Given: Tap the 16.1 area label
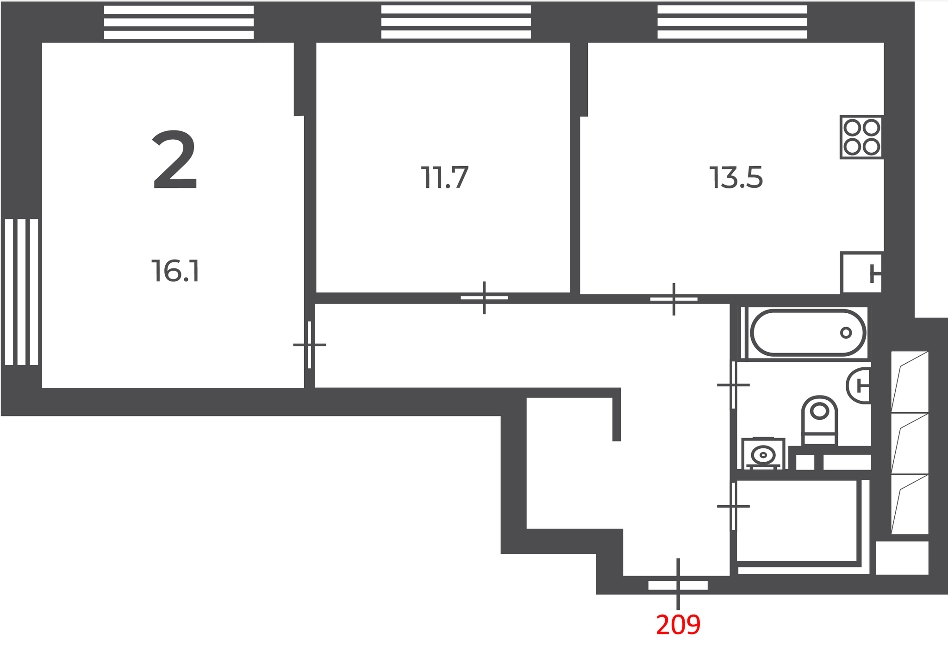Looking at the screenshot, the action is point(175,271).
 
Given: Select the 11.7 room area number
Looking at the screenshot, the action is point(445,177).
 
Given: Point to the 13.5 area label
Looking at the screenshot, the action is point(736,178).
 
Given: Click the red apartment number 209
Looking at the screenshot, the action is point(678,625).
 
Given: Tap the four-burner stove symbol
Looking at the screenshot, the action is point(861,137).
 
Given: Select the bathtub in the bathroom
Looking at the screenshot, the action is point(808,333).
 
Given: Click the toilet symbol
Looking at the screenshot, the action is point(819,421).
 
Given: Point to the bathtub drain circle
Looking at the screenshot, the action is point(846,332).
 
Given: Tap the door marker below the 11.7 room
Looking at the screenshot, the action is point(484,298).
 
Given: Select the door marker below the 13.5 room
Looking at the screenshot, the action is point(674,299).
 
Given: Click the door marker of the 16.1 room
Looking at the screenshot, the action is point(309,345).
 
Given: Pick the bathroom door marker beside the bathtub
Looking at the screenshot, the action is point(733,385).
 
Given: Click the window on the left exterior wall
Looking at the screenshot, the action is point(21,292).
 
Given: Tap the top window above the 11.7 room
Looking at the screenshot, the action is point(456,22).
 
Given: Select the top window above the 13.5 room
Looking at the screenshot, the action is point(732,22).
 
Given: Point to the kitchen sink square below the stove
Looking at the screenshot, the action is point(861,273).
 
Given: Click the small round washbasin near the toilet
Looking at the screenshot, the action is point(763,455).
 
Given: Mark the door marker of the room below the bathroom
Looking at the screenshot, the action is point(733,506).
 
